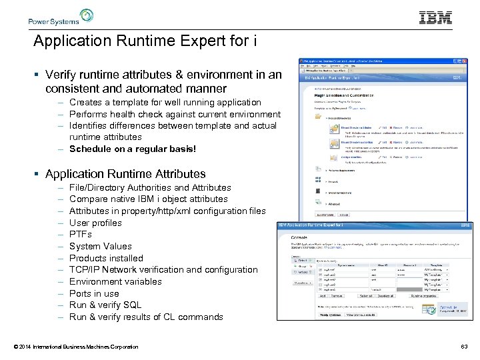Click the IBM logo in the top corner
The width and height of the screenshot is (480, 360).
435,18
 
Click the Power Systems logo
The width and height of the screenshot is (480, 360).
61,17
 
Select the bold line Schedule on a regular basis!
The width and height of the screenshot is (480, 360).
133,149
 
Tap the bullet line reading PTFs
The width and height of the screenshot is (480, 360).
81,235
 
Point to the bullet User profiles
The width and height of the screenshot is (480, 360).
95,223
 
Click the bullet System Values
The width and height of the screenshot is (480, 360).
100,246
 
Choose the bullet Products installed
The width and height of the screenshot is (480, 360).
106,258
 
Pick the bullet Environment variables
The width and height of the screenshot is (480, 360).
115,281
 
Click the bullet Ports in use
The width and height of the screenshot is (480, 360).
94,293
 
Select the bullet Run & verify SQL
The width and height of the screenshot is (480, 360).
105,305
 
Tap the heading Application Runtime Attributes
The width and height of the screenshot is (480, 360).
125,174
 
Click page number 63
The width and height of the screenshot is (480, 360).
464,347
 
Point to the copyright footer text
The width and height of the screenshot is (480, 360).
75,347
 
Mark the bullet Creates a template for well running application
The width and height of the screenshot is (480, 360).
165,102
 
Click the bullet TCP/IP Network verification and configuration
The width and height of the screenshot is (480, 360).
163,269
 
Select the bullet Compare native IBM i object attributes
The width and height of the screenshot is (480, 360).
148,199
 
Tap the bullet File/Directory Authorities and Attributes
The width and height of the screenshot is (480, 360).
150,187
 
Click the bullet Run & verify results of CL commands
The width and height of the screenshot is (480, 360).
146,317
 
